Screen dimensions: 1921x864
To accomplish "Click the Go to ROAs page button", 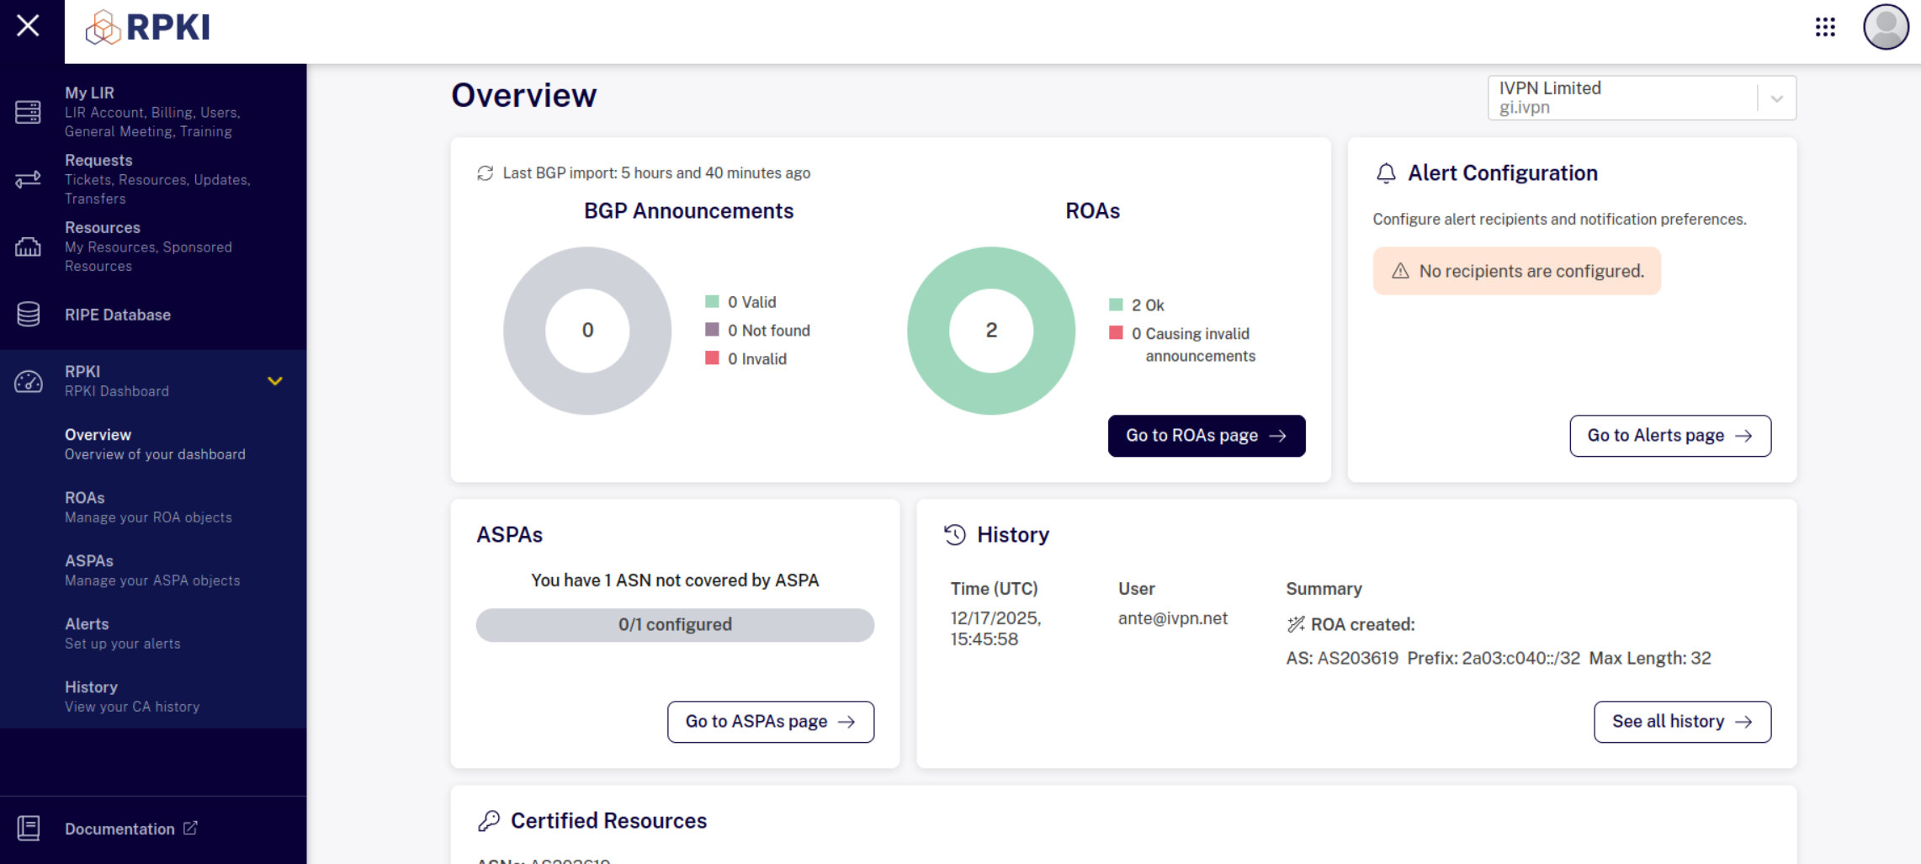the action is [1206, 436].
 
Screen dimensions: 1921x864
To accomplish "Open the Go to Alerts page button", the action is [1670, 436].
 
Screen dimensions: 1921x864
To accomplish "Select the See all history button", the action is [1682, 722].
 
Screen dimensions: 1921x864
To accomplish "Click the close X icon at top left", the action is [28, 26].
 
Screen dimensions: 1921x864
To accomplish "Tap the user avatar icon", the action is [1886, 27].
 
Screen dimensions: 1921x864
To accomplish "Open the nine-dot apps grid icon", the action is [1825, 27].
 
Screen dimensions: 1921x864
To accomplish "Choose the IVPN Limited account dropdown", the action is [1642, 98].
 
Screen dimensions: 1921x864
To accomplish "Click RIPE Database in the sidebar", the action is [118, 315].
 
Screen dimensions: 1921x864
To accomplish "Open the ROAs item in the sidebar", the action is [148, 507].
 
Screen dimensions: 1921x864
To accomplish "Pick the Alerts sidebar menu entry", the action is [123, 633].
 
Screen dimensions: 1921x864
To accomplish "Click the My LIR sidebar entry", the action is [152, 112].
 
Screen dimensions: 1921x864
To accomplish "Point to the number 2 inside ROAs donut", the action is [991, 331].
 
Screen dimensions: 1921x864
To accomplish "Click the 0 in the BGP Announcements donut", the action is [587, 331].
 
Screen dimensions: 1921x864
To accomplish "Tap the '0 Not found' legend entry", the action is [757, 331].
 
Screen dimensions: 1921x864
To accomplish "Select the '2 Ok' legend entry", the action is [1137, 305].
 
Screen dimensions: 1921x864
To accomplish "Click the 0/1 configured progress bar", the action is [675, 625].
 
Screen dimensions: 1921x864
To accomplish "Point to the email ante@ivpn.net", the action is [1172, 618].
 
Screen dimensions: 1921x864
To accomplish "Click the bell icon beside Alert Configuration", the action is [1386, 173].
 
